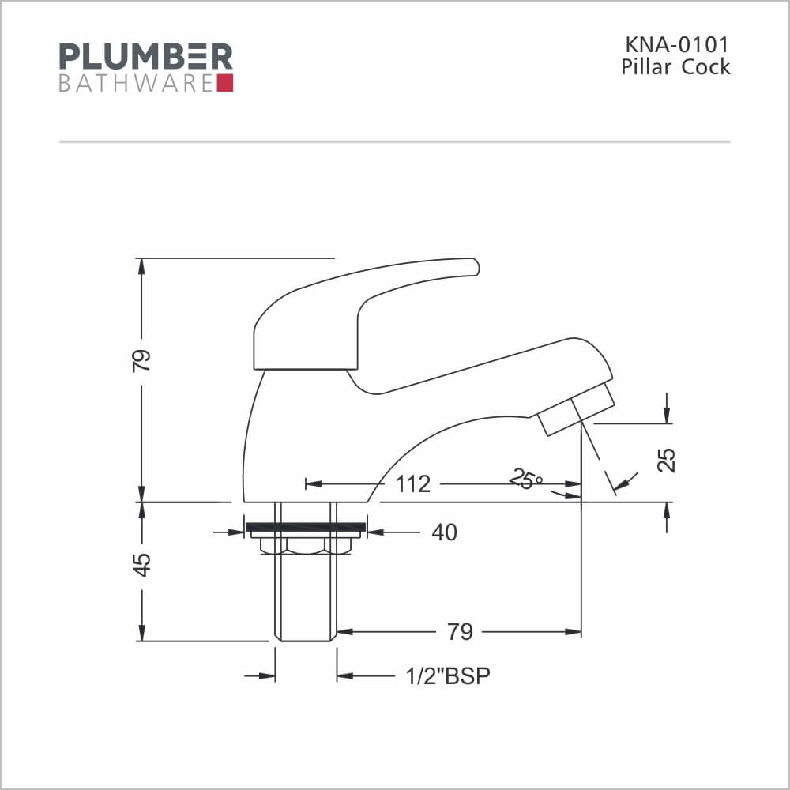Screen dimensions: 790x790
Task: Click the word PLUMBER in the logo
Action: (146, 56)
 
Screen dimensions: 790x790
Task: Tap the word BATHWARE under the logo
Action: (136, 84)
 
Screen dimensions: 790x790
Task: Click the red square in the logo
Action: (225, 83)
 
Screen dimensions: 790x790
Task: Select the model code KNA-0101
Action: (677, 45)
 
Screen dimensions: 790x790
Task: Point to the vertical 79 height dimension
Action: (141, 360)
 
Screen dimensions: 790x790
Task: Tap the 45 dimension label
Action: (141, 565)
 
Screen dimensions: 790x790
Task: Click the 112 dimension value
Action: (412, 484)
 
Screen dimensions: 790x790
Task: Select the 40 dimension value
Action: (444, 532)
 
